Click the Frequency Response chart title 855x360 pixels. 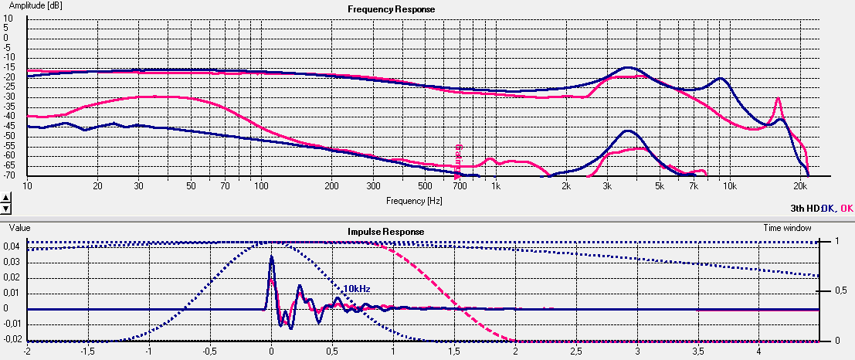[391, 9]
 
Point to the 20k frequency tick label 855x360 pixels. [800, 186]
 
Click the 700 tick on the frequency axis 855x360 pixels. [460, 186]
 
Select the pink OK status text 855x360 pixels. [847, 208]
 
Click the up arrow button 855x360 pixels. [6, 198]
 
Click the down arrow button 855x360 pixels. [6, 208]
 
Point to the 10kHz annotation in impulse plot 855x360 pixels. [357, 288]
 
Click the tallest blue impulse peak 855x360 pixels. [271, 256]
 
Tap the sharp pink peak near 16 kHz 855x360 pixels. [779, 99]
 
